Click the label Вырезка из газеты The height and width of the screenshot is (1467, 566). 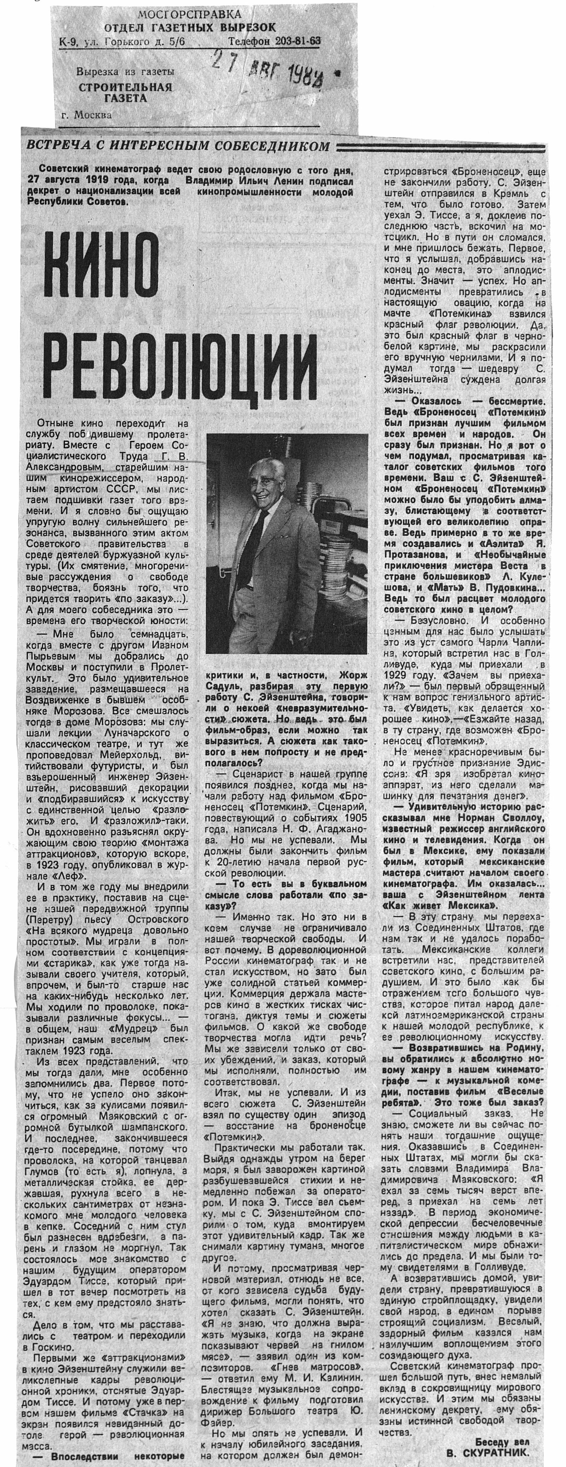[125, 72]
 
